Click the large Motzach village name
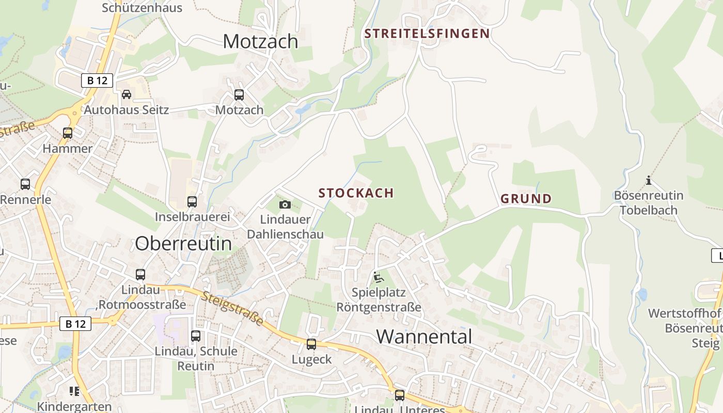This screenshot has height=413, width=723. [x=260, y=41]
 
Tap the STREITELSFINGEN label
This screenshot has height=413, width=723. [x=427, y=34]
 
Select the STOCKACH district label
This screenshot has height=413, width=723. [x=356, y=193]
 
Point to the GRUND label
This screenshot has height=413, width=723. [x=526, y=199]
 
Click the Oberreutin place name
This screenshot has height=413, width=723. [x=183, y=243]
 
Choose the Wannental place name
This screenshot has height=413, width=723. [x=424, y=337]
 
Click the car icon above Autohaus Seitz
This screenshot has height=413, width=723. [x=127, y=94]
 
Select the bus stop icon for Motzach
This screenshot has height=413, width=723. [x=239, y=95]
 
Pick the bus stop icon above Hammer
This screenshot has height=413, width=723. [x=68, y=133]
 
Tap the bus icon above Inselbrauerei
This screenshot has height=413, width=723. [x=192, y=202]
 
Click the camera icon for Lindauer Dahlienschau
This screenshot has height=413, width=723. [x=285, y=205]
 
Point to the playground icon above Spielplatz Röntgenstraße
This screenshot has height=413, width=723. [x=379, y=278]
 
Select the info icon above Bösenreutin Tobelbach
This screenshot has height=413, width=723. [x=649, y=181]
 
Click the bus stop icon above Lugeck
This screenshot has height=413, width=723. [x=311, y=344]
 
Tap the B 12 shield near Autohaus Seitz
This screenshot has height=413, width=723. [x=97, y=81]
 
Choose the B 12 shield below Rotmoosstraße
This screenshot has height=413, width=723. [x=75, y=324]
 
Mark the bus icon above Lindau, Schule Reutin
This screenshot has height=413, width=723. [x=196, y=336]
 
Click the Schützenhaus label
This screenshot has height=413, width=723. [x=142, y=8]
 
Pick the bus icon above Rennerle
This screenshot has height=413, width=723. [x=25, y=184]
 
